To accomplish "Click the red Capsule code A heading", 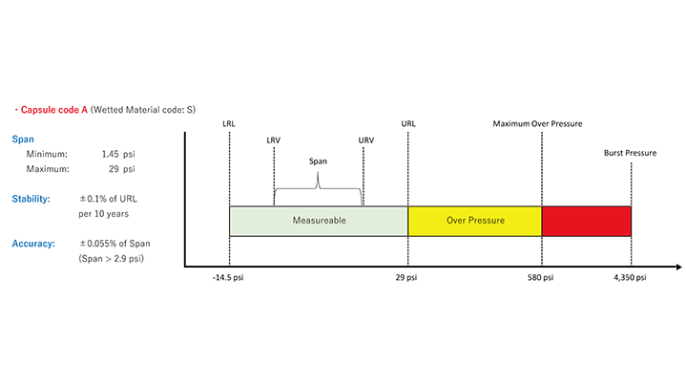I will [54, 110].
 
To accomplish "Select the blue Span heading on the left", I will [23, 139].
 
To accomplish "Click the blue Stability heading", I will [32, 200].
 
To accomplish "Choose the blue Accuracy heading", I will [34, 244].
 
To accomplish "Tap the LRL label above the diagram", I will [229, 123].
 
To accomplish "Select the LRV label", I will [274, 140].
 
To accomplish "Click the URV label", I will [366, 140].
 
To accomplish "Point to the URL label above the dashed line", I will [408, 123].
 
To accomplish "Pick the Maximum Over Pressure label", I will [537, 123].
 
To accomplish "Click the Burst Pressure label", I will [630, 153].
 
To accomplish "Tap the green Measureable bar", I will [319, 221].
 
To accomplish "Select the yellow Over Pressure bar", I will [474, 221].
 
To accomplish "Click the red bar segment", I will [586, 221].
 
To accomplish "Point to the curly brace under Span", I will [318, 189].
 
